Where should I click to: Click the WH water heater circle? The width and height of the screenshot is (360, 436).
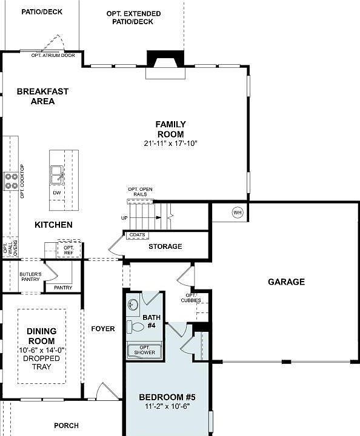pyautogui.click(x=237, y=212)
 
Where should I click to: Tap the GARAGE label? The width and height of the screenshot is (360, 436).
pyautogui.click(x=286, y=282)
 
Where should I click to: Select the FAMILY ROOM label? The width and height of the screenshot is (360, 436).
pyautogui.click(x=171, y=129)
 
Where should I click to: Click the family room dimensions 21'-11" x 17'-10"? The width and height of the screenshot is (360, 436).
pyautogui.click(x=172, y=144)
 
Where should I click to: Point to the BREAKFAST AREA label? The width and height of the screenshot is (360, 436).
pyautogui.click(x=42, y=96)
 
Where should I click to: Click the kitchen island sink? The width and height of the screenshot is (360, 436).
pyautogui.click(x=58, y=175)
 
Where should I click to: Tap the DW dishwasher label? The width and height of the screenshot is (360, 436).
pyautogui.click(x=56, y=193)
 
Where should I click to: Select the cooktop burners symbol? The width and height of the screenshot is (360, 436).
pyautogui.click(x=11, y=181)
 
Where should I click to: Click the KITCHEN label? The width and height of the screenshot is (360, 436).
pyautogui.click(x=53, y=225)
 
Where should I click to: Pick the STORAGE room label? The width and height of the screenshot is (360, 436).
pyautogui.click(x=165, y=246)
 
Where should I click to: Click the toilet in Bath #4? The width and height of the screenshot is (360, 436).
pyautogui.click(x=136, y=327)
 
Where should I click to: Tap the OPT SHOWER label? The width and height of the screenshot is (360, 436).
pyautogui.click(x=144, y=349)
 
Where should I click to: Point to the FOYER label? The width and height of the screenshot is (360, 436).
pyautogui.click(x=103, y=329)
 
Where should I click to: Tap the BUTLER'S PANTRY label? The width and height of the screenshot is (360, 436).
pyautogui.click(x=30, y=277)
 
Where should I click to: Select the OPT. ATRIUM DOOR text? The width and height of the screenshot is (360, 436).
pyautogui.click(x=53, y=55)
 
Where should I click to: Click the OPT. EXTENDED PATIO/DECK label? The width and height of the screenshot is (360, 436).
pyautogui.click(x=133, y=18)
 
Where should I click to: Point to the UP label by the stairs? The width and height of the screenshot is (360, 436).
pyautogui.click(x=124, y=218)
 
